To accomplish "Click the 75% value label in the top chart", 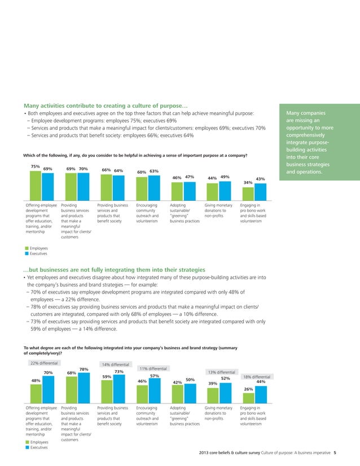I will coord(35,166).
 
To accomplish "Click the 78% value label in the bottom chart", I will coord(84,370).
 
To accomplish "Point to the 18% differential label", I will coord(256,376).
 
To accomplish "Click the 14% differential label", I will coord(115,365).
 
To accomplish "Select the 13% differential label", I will coord(221,372).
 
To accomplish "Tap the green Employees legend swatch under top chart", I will coord(26,248).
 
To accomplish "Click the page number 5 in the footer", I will coord(335,452).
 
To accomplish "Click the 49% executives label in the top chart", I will coord(225,177).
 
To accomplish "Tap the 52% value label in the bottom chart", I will coord(225,379).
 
